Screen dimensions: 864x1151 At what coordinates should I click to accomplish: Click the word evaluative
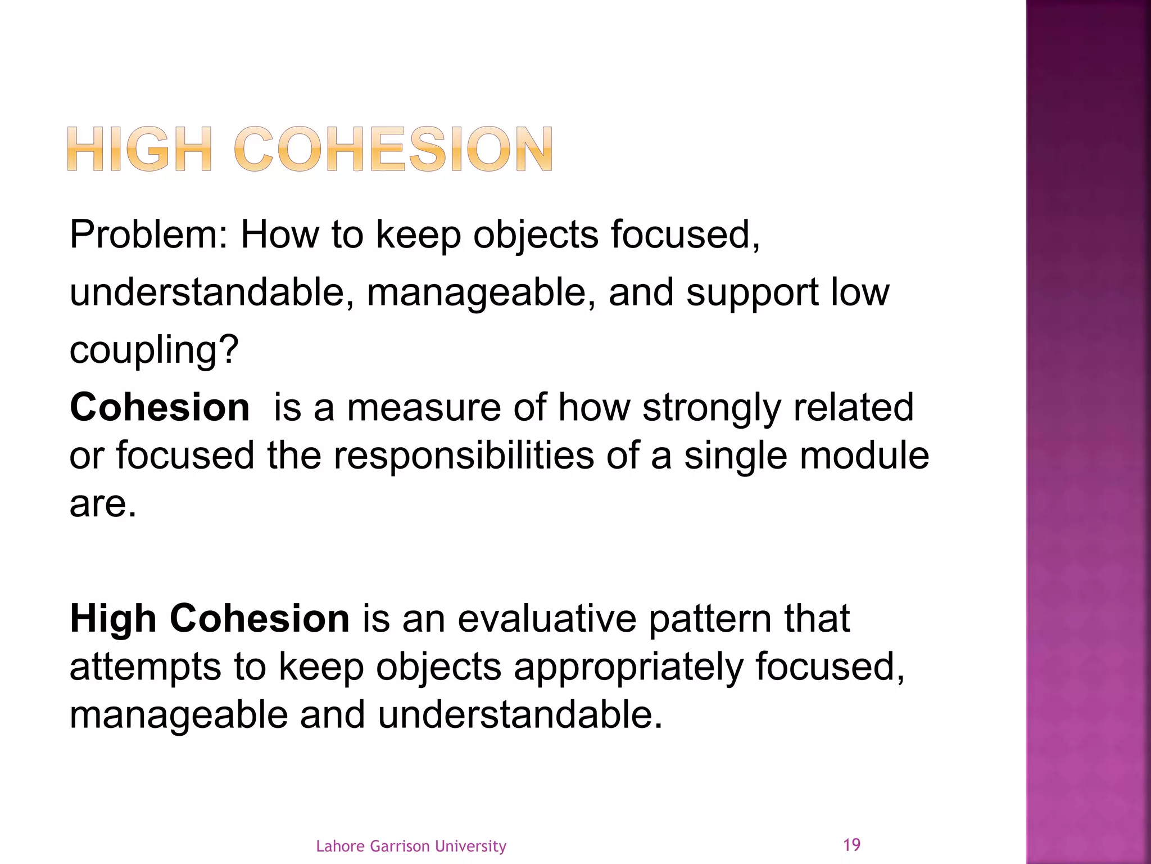click(547, 619)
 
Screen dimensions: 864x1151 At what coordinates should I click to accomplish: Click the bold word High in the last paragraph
click(112, 619)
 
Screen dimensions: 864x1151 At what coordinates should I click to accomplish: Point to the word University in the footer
click(470, 846)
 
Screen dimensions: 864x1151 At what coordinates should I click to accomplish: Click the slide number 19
click(852, 844)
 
